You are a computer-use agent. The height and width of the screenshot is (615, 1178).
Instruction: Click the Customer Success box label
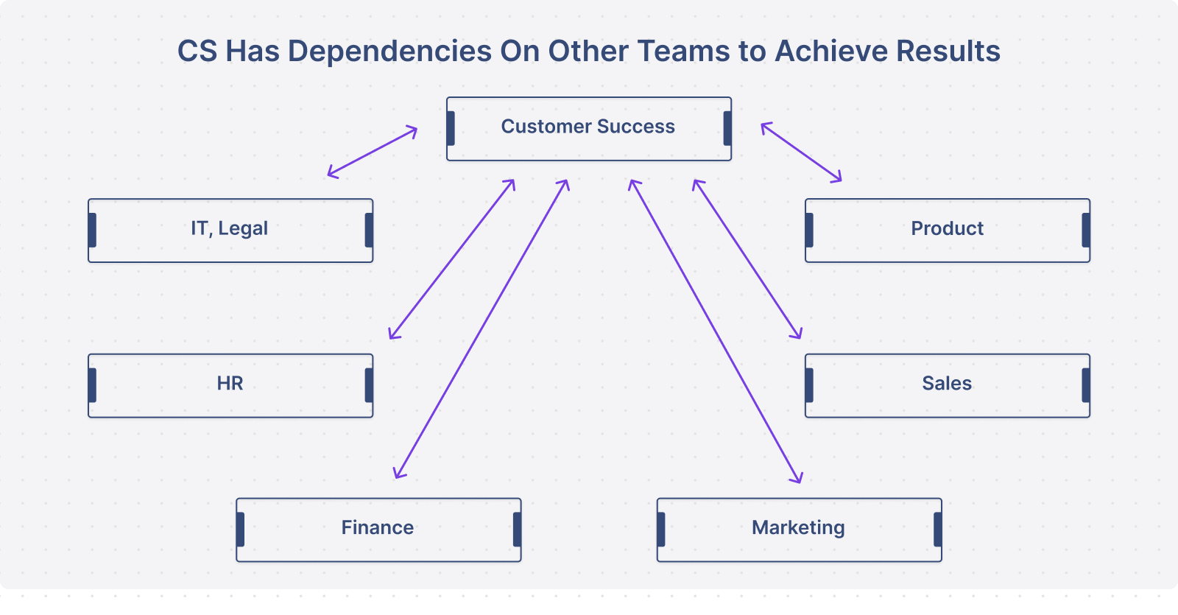tap(588, 126)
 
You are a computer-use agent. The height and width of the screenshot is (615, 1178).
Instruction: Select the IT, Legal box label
tap(229, 229)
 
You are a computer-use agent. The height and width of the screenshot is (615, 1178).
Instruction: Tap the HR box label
tap(230, 383)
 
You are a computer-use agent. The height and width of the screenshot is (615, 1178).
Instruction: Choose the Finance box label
tap(377, 527)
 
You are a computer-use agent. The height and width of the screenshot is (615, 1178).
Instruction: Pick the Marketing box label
tap(798, 527)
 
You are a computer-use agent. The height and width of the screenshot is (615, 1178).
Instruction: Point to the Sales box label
tap(947, 383)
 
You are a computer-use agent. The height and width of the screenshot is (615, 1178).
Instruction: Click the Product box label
tap(947, 228)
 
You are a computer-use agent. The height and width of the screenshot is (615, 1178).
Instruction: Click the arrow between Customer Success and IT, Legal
tap(373, 152)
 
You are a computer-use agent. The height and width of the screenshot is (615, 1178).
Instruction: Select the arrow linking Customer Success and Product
tap(801, 152)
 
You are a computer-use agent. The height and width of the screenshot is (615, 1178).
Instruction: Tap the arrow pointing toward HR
tap(452, 259)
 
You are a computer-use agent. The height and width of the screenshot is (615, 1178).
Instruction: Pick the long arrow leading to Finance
tap(482, 328)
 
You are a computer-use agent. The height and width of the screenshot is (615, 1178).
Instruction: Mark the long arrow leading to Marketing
tap(715, 331)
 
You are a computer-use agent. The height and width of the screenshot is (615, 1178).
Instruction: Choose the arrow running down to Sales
tap(747, 259)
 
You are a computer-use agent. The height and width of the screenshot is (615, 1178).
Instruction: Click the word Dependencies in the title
tap(389, 52)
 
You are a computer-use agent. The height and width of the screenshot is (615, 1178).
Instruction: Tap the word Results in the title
tap(948, 51)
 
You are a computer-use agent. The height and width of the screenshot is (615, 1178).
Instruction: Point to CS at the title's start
tap(197, 51)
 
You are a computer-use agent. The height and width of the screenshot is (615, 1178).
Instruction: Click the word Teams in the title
tap(683, 51)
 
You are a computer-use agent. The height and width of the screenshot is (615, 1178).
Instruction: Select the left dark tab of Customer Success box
tap(451, 128)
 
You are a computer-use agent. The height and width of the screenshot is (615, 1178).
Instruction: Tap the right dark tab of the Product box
tap(1086, 230)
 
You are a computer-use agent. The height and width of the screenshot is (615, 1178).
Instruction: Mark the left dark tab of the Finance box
tap(240, 530)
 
